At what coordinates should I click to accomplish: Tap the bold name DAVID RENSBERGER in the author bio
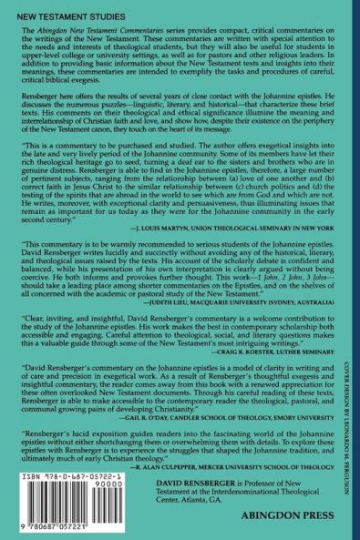pos(216,491)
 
